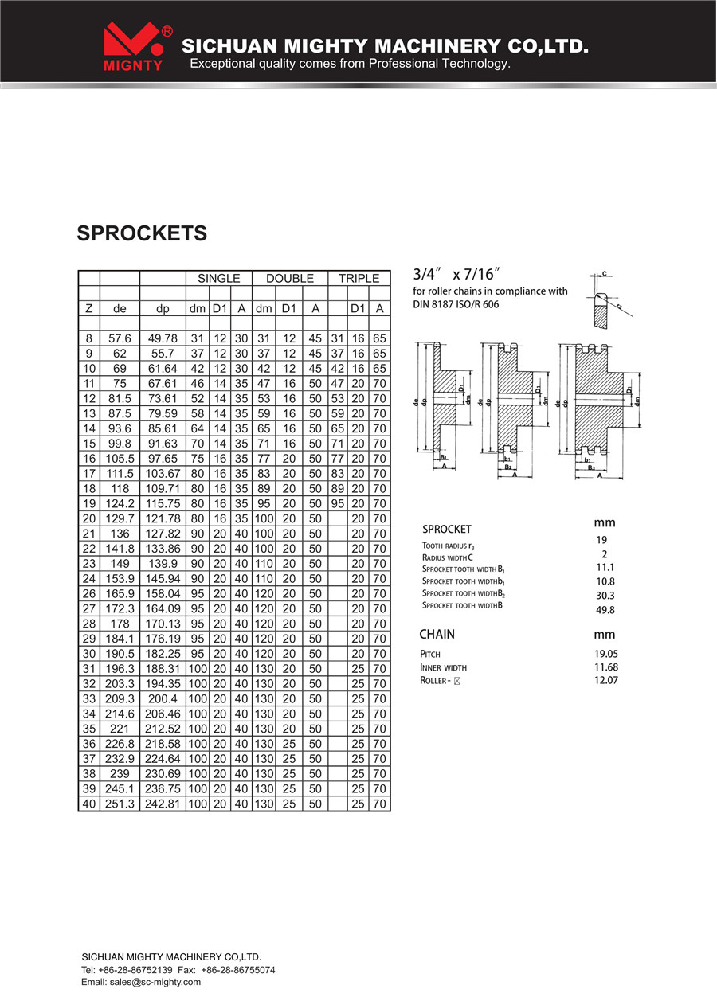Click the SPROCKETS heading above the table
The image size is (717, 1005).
(x=142, y=233)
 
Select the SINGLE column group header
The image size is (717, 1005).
(x=218, y=278)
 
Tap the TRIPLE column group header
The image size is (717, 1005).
(x=358, y=278)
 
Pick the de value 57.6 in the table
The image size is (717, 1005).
(x=119, y=338)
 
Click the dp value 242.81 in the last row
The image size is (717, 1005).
(x=163, y=804)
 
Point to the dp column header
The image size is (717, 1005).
(x=163, y=309)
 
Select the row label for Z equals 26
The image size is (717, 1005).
(x=89, y=593)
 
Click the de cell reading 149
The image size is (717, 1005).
(x=119, y=564)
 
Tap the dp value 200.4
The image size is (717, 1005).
(x=163, y=698)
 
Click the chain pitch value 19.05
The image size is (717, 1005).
(x=606, y=654)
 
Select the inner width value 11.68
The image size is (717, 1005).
(x=606, y=667)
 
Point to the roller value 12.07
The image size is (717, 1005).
(x=606, y=680)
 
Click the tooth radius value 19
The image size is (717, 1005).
(x=601, y=540)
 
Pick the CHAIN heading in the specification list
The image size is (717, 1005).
(x=437, y=634)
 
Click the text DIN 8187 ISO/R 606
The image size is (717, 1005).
(x=456, y=304)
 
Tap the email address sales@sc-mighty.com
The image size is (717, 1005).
(x=155, y=982)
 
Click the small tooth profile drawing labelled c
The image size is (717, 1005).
(x=608, y=299)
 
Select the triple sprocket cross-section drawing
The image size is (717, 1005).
(x=599, y=411)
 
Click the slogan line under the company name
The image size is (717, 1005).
(x=351, y=63)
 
